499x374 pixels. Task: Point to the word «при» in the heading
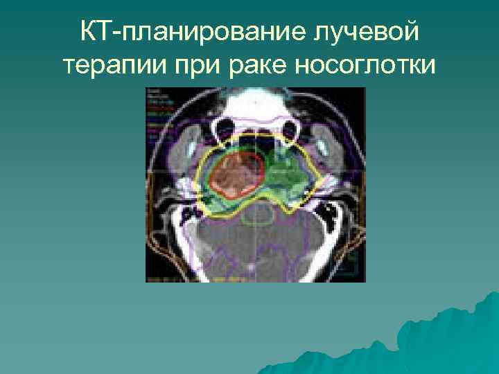(x=184, y=66)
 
